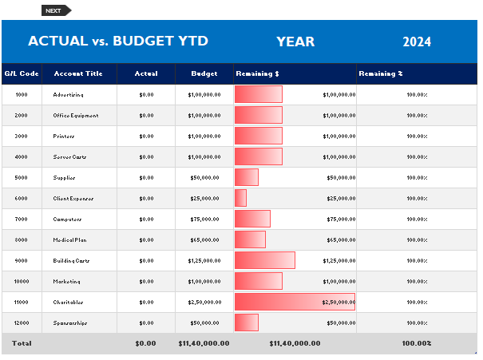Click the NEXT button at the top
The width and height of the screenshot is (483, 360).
coord(55,10)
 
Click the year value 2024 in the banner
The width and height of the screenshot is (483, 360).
coord(417,42)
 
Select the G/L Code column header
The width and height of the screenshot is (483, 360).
coord(22,73)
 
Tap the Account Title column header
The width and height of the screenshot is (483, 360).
coord(78,73)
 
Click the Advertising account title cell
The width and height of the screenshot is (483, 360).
coord(69,94)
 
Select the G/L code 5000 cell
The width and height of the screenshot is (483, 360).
coord(22,177)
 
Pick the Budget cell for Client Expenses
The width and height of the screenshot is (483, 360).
coord(204,198)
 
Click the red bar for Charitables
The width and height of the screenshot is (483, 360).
coord(295,302)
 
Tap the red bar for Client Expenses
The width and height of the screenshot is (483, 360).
coord(240,198)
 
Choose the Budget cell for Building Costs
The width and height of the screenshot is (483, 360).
coord(204,260)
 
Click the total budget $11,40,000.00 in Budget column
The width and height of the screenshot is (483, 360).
coord(204,343)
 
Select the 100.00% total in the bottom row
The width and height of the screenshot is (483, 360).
coord(417,343)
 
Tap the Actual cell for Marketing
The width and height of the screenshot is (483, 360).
coord(146,281)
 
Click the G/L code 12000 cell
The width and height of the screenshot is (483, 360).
coord(22,322)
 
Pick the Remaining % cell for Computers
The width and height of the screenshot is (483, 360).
coord(417,219)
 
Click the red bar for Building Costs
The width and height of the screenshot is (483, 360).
coord(265,260)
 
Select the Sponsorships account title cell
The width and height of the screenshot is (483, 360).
coord(70,322)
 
